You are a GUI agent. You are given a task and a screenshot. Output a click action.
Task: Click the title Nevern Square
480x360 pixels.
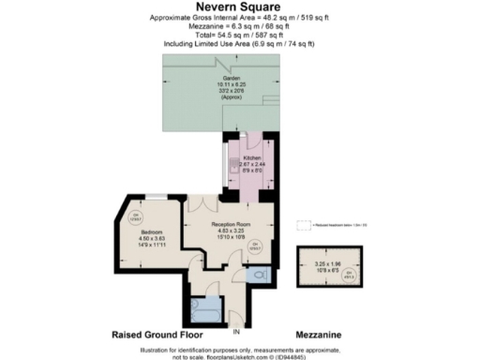238,7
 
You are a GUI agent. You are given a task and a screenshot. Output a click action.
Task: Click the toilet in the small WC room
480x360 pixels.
260,277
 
